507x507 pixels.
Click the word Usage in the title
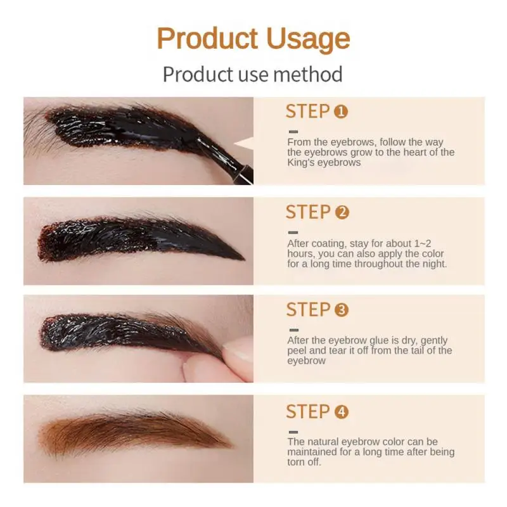click(x=307, y=39)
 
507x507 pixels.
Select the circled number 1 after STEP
click(x=341, y=112)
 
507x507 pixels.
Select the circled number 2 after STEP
click(x=342, y=212)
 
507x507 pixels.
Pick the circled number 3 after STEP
click(x=342, y=311)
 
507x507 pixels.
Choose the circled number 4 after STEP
click(x=342, y=412)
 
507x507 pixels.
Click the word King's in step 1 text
click(x=300, y=162)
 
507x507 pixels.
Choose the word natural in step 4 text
click(x=323, y=442)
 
